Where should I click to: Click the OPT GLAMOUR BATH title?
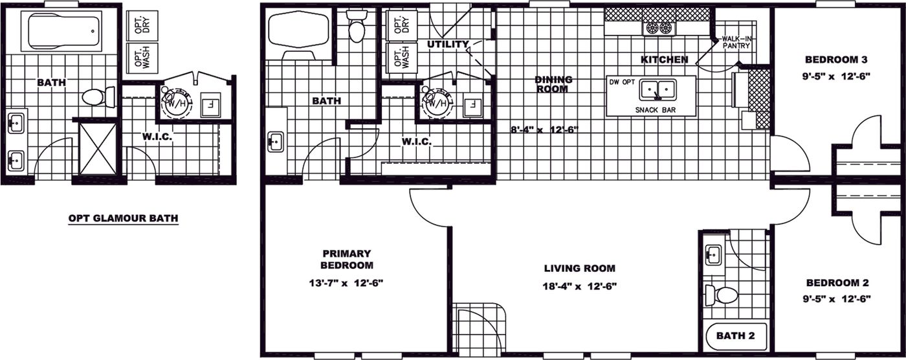(124, 218)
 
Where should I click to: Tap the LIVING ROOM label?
(580, 268)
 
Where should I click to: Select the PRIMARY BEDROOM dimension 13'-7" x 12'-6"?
(346, 283)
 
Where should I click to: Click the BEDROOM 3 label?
(836, 60)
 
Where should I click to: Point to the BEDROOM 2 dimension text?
(836, 299)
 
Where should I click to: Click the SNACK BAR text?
(655, 110)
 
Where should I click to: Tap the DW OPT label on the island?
(622, 82)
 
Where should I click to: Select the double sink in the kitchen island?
(658, 89)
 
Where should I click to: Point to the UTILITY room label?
(448, 44)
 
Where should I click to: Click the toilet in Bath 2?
(722, 295)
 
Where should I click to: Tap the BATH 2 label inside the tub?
(735, 336)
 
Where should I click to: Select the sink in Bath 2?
(714, 255)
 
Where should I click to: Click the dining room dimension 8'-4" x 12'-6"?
(544, 130)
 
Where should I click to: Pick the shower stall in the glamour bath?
(98, 149)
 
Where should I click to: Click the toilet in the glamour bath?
(98, 97)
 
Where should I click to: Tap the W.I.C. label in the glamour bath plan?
(157, 137)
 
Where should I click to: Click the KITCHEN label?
(665, 60)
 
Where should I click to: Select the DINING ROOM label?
(553, 84)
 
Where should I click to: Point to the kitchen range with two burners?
(659, 28)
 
